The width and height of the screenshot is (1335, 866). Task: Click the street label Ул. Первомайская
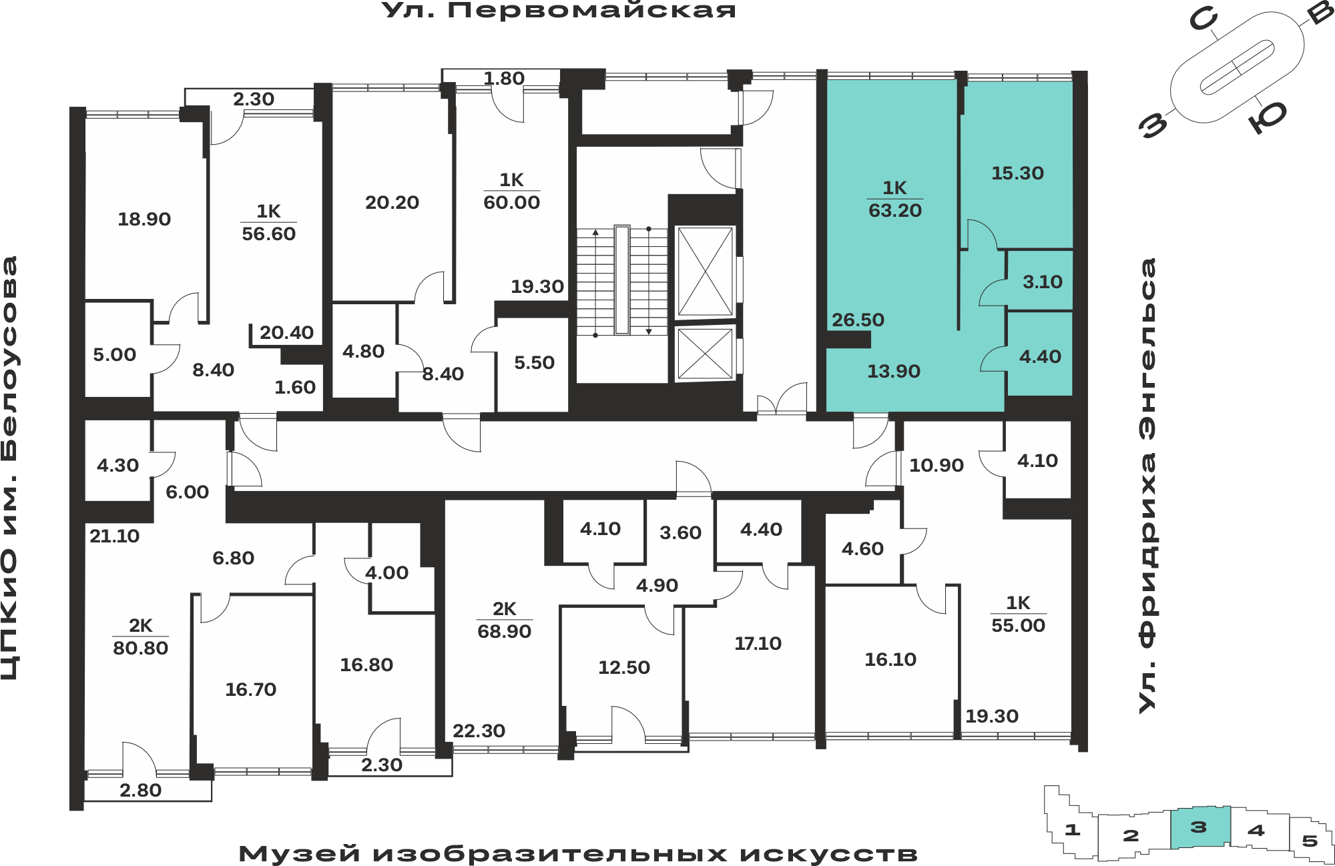point(559,11)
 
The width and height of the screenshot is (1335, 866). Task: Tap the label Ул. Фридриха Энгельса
point(1147,486)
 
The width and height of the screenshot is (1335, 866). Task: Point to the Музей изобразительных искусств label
point(578,853)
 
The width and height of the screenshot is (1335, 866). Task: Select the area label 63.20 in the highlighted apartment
point(894,211)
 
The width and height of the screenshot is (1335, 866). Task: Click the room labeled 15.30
point(1017,173)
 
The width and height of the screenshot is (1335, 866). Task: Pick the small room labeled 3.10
point(1042,282)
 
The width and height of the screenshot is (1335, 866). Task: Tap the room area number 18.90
point(144,219)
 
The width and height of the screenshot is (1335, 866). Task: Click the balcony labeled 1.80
point(504,78)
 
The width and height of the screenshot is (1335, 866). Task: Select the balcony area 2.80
point(140,790)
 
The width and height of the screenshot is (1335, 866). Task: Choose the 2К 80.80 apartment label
point(140,636)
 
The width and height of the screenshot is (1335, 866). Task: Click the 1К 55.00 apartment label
point(1018,614)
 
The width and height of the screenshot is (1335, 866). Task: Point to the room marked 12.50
point(623,667)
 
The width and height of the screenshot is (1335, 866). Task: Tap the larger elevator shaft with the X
point(705,271)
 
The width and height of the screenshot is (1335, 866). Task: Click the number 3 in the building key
point(1199,827)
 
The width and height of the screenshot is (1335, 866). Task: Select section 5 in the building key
point(1310,841)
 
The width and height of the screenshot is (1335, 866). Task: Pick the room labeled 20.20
point(392,202)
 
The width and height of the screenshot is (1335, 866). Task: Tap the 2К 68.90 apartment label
point(504,620)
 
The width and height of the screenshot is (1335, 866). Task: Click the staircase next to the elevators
point(621,280)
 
